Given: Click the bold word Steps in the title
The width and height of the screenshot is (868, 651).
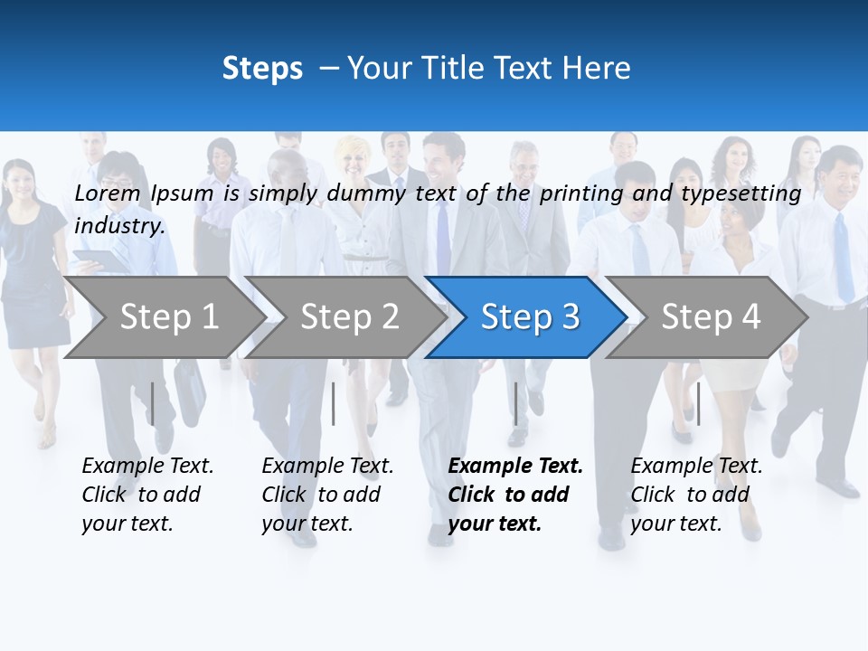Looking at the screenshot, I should coord(262,69).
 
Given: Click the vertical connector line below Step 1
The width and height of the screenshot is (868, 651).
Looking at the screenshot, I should coord(153,403).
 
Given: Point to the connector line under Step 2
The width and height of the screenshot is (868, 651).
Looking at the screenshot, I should coord(334,403).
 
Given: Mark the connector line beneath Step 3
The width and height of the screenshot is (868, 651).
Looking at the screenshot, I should coord(515,403).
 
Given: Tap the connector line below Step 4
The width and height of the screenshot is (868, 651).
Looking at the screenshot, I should coord(698,403).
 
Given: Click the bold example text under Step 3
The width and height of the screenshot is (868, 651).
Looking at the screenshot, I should coord(514,495).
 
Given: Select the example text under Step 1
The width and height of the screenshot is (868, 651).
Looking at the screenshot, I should coord(146,495).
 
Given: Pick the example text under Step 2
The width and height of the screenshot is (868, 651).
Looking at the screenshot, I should coord(326,495).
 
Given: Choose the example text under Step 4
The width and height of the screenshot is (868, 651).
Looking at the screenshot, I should coord(695,495).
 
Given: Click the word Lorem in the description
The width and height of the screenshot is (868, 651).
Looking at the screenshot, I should coord(107,193).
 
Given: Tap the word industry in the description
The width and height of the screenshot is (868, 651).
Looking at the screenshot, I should coord(119,226).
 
